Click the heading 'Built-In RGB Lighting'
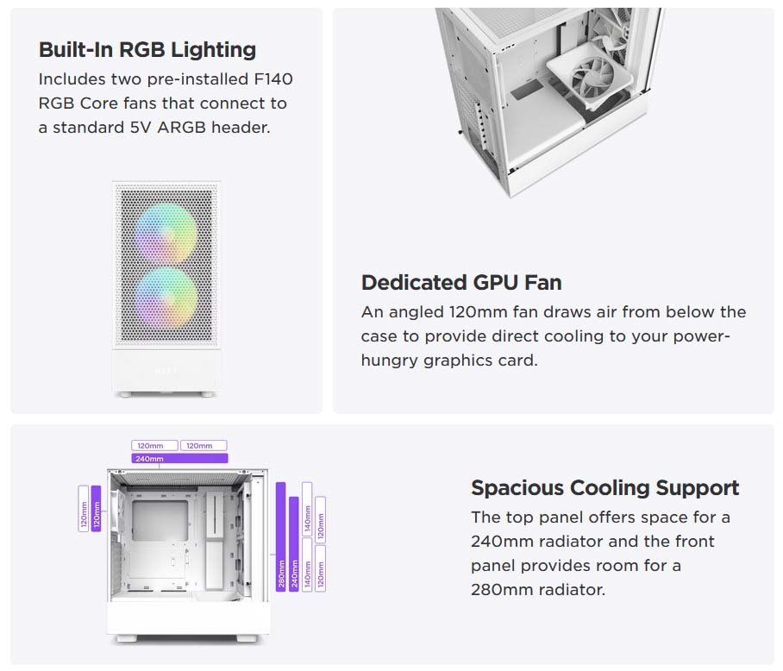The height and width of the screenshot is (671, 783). [x=147, y=49]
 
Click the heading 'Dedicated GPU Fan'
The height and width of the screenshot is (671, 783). [x=461, y=282]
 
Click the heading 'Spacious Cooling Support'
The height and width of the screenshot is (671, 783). [x=604, y=487]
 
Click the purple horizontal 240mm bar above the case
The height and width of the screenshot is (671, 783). [x=179, y=459]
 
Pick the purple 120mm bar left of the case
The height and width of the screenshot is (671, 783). [x=96, y=510]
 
